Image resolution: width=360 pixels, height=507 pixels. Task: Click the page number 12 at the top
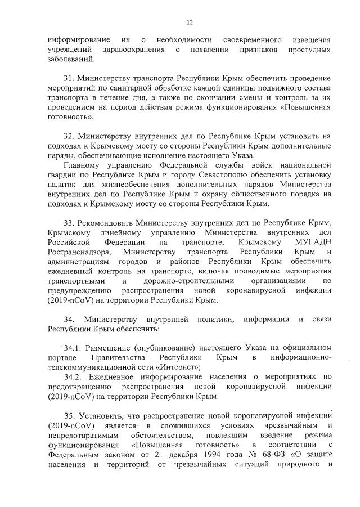(190, 22)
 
